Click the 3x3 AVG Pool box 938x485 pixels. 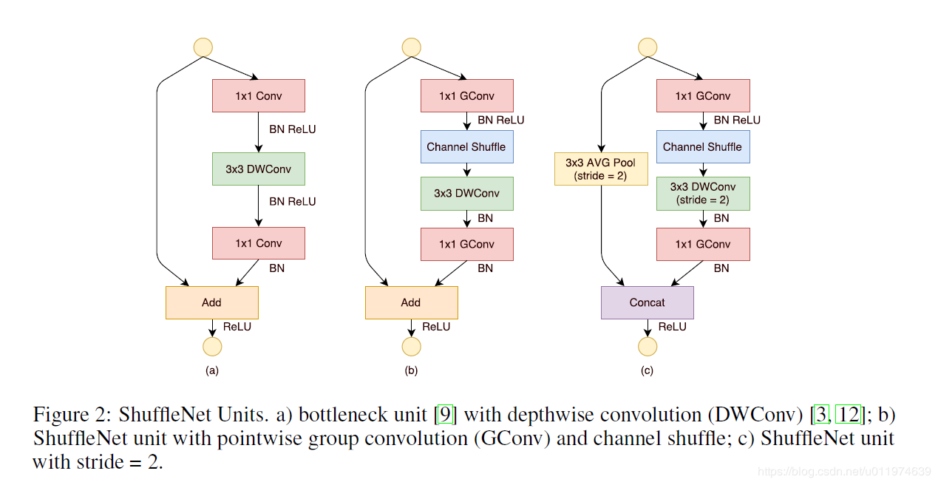pos(601,169)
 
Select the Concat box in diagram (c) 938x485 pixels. pos(647,302)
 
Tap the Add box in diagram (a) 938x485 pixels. pos(211,302)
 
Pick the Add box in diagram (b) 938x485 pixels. pos(411,302)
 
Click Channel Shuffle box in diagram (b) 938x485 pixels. pos(466,146)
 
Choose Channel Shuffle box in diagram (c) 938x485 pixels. pos(702,146)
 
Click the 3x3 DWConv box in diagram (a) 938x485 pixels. pos(258,169)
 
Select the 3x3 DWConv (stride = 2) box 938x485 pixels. pos(702,193)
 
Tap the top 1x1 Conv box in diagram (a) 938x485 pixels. pos(258,96)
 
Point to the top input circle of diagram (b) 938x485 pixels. pos(411,47)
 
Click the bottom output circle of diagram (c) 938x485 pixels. pos(647,347)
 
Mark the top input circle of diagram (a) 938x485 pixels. pos(203,47)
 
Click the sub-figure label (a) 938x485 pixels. pos(211,371)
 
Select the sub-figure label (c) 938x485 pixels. pos(647,371)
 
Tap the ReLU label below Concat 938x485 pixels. pos(672,327)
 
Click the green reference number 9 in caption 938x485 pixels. pos(445,415)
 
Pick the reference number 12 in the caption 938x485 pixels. pos(848,415)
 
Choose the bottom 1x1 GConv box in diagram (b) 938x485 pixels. pos(466,244)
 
